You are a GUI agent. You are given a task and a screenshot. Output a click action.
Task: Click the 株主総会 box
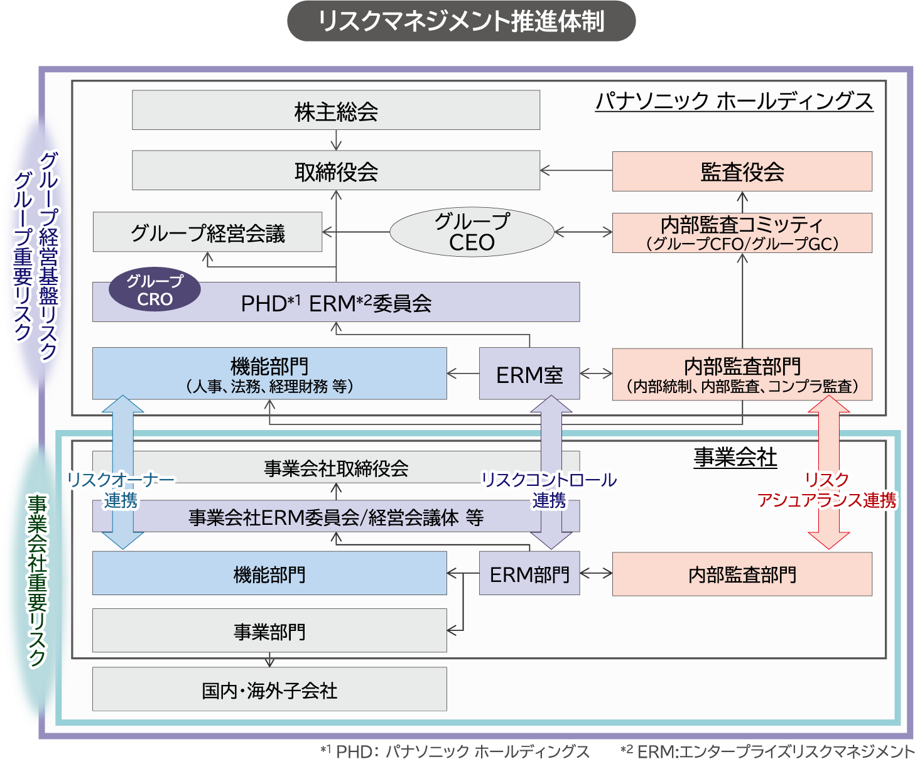[336, 110]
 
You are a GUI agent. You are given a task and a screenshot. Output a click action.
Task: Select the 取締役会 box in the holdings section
[336, 171]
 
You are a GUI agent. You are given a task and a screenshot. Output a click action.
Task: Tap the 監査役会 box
[742, 171]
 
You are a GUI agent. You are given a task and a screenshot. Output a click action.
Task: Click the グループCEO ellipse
[472, 232]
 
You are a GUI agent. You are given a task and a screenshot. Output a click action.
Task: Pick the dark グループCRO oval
[154, 290]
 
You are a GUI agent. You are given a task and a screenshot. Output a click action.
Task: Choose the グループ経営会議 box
[207, 233]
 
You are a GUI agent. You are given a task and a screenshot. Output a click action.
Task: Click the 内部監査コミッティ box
[742, 233]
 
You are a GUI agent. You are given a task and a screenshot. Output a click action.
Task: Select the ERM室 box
[529, 374]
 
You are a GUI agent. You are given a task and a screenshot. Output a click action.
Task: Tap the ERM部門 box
[529, 574]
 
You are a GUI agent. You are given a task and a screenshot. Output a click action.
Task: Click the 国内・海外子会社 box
[269, 689]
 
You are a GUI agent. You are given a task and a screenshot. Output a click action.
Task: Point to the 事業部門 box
[269, 631]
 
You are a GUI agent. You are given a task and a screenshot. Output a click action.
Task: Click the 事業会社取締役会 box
[336, 468]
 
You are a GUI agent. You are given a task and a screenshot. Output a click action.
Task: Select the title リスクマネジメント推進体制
[461, 21]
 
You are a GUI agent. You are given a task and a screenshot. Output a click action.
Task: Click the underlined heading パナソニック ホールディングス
[734, 101]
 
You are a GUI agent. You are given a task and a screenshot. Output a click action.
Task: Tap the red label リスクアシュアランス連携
[827, 490]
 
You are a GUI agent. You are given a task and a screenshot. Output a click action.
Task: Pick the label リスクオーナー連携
[121, 490]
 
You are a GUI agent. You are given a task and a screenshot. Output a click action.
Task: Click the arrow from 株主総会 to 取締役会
[336, 140]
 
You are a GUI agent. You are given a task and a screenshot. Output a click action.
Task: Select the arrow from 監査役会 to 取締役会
[576, 170]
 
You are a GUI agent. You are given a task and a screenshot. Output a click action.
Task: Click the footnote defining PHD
[455, 751]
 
